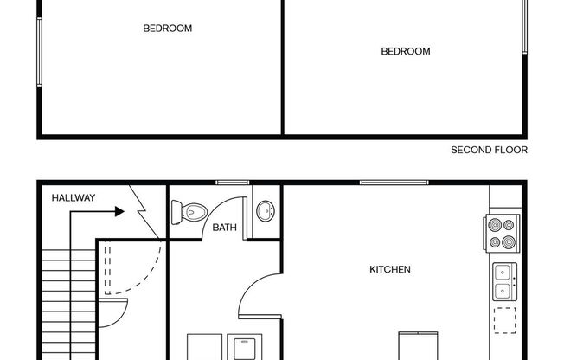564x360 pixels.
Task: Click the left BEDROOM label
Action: pos(167,29)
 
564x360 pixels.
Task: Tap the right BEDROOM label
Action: pos(406,51)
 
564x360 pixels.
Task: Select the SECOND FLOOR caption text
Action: pos(489,150)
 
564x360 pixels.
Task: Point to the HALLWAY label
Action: pos(74,198)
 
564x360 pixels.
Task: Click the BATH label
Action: pos(225,228)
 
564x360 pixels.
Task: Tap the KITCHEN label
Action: pos(390,270)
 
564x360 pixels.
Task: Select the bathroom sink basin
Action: pos(266,211)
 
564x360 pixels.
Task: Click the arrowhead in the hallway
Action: pos(116,210)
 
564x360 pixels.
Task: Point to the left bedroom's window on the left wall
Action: pos(38,52)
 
